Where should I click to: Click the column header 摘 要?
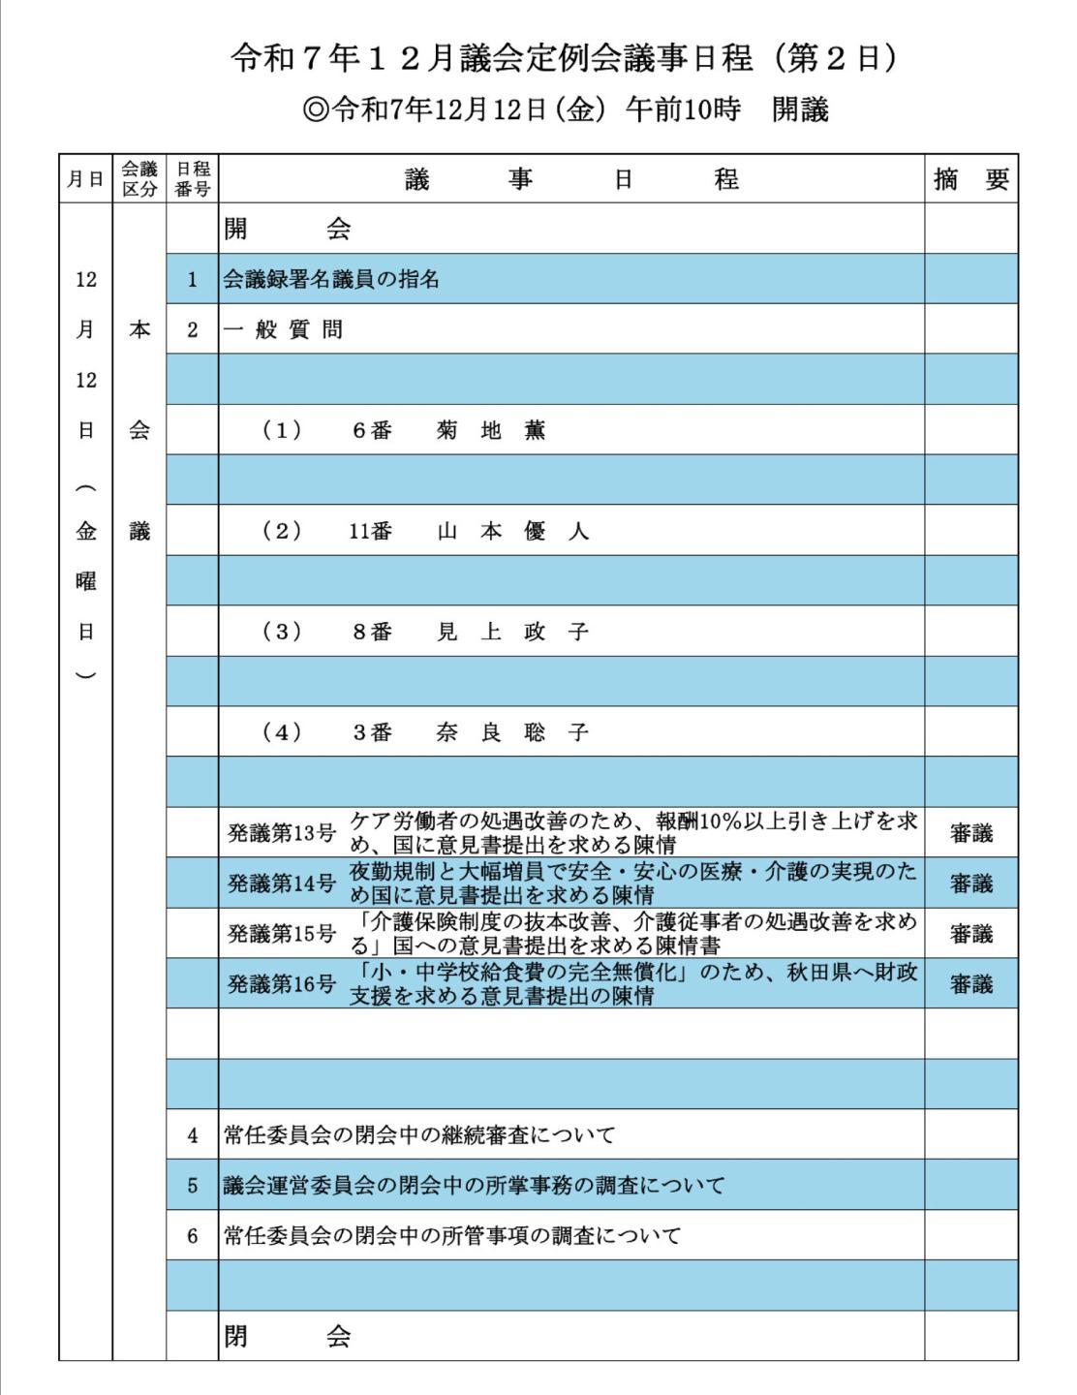coord(970,179)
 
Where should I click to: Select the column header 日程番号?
coord(192,179)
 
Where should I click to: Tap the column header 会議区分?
coord(139,179)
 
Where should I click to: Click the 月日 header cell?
coord(85,179)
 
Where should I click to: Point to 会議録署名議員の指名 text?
coord(331,280)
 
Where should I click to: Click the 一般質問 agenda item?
coord(283,330)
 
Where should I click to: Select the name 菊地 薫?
coord(491,431)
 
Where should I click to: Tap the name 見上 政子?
coord(512,633)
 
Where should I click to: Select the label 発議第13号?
coord(282,833)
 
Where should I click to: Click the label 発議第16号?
coord(282,984)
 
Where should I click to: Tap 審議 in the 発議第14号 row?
coord(970,883)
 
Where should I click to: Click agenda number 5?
coord(192,1186)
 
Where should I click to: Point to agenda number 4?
coord(192,1135)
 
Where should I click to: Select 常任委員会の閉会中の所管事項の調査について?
coord(451,1236)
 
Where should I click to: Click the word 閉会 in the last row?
coord(287,1337)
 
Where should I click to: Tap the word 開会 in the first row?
coord(287,230)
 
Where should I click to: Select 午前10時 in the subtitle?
coord(682,109)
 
